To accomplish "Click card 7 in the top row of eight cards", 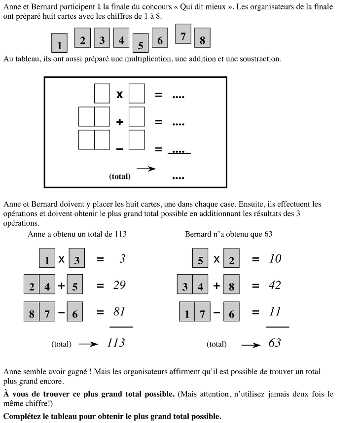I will coord(183,34).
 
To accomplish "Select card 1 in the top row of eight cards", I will coord(59,43).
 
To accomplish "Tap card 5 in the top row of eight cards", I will coord(141,43).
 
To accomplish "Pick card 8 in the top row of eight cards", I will coord(202,38).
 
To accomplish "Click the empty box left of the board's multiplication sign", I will coord(102,94).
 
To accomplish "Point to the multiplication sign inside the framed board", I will coord(119,95).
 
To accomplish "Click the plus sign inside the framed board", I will coord(120,122).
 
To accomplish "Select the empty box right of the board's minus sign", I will coord(137,140).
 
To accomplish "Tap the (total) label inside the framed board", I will coord(120,176).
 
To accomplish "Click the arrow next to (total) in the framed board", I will coord(146,169).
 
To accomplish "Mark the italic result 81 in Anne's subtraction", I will coord(119,312).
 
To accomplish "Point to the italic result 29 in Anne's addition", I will coord(119,285).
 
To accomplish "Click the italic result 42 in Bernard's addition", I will coord(274,285).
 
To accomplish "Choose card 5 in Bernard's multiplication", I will coord(200,258).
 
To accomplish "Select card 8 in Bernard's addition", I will coord(231,285).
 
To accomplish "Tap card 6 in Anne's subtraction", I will coord(75,312).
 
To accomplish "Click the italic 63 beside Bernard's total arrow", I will coord(274,343).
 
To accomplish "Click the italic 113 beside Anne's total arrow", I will coord(116,343).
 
